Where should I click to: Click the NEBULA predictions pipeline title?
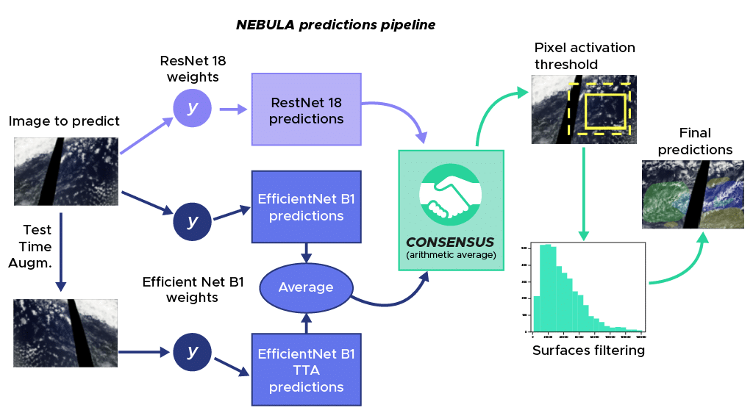tap(335, 25)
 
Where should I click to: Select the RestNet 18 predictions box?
tap(306, 109)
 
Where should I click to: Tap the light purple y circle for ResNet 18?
tap(192, 108)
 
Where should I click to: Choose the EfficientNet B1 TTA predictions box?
tap(306, 369)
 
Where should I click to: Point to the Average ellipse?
tap(306, 287)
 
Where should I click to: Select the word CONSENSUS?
tap(451, 242)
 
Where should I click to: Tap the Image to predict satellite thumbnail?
tap(66, 173)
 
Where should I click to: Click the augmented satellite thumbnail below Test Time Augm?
tap(66, 332)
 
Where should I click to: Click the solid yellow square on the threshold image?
tap(604, 110)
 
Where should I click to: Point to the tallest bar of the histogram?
tap(546, 287)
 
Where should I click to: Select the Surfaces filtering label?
tap(588, 351)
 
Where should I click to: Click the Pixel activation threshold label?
tap(585, 56)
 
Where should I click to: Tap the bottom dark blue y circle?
tap(192, 352)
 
